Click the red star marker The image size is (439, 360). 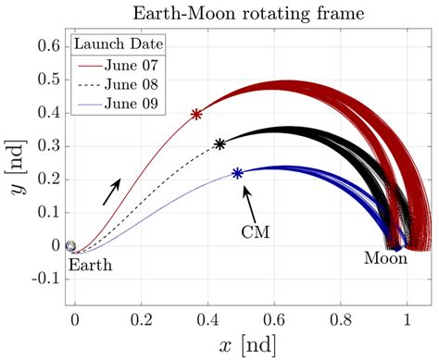(x=196, y=115)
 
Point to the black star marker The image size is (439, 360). (x=219, y=144)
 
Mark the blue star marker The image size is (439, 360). (x=238, y=173)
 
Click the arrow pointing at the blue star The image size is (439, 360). (x=247, y=197)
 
